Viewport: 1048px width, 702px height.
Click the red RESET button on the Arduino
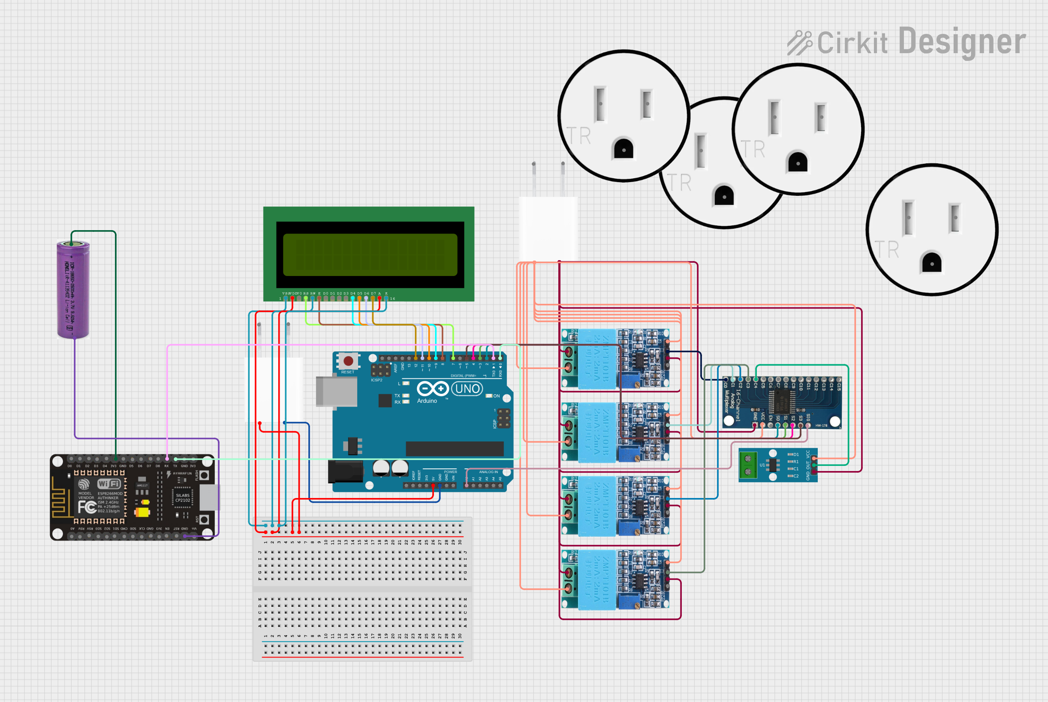coord(348,361)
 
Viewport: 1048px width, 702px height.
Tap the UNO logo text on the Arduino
coord(467,389)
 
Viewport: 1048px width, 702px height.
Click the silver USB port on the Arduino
coord(336,392)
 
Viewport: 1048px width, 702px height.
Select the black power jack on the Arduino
coord(345,471)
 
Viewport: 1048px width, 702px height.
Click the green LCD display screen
coord(370,255)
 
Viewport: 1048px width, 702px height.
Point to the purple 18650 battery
coord(73,290)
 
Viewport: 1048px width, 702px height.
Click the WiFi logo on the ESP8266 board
coord(109,484)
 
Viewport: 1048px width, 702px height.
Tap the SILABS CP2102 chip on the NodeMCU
coord(182,498)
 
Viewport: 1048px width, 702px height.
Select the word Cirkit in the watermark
coord(852,43)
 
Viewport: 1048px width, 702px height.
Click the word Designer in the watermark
coord(961,42)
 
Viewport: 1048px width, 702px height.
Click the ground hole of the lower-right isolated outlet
coord(931,263)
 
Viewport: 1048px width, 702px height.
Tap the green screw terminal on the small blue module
coord(747,465)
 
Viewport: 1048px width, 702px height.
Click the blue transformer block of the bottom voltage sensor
coord(596,580)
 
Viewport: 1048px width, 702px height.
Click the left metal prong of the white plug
coord(534,178)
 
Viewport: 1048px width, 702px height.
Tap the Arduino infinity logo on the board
coord(432,389)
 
